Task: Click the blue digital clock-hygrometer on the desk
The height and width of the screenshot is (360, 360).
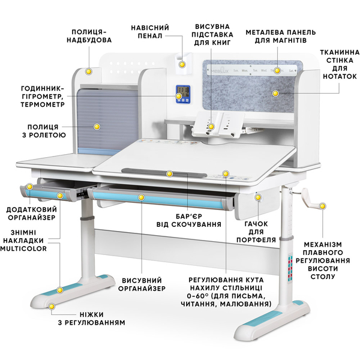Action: coord(183,94)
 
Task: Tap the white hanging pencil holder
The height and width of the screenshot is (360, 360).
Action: coord(183,62)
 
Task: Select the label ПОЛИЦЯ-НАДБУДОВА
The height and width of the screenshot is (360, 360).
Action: coord(89,36)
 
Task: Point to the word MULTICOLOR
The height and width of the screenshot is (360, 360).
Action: coord(23,248)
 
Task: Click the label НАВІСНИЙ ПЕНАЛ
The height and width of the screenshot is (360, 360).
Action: coord(150,32)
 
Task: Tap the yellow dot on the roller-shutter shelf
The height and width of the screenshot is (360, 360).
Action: coord(97,127)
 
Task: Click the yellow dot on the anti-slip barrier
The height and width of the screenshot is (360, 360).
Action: coord(169,174)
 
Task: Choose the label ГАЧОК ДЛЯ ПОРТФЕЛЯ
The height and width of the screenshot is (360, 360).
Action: coord(256,232)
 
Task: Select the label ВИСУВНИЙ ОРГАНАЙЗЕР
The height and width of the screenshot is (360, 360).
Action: coord(142,284)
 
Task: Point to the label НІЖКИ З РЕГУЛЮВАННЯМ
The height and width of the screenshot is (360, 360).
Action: coord(91,319)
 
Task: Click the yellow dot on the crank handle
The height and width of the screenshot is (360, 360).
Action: coord(323,206)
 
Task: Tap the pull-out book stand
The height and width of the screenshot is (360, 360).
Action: coord(218,125)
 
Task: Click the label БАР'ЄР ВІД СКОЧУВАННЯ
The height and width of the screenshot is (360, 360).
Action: coord(189,220)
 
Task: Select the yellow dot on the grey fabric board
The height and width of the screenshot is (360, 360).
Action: coord(275,93)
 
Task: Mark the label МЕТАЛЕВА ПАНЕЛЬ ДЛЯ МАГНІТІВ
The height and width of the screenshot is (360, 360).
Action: coord(281,36)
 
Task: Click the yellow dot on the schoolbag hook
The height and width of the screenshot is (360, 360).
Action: coord(258,197)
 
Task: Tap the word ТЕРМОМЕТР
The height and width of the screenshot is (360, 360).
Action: coord(43,104)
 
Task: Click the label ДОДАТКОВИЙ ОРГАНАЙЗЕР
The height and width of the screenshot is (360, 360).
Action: coord(31,213)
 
